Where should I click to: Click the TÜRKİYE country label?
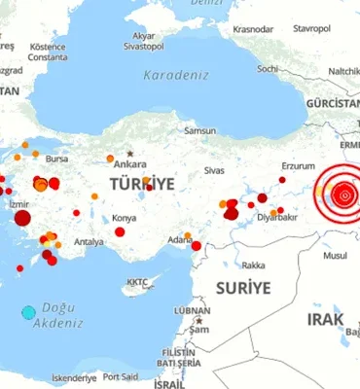click(141, 184)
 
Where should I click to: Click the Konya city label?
click(125, 218)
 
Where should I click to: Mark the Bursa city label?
click(56, 158)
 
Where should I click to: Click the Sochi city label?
click(269, 68)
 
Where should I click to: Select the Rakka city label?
click(253, 265)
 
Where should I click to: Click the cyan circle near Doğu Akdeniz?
click(28, 312)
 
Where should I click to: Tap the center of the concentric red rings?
click(341, 195)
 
